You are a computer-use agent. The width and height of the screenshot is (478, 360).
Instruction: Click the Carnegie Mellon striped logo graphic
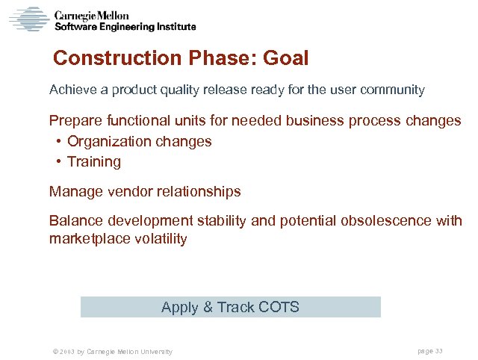point(28,19)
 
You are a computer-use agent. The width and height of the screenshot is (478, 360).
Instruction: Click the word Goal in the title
point(285,58)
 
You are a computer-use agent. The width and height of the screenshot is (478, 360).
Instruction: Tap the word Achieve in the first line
point(72,90)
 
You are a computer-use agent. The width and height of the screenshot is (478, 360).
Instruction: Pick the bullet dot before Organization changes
point(58,142)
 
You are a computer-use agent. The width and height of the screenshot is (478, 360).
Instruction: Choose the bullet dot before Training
point(58,162)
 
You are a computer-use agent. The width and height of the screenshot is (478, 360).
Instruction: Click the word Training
point(94,162)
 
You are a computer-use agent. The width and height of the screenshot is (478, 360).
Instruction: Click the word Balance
point(76,221)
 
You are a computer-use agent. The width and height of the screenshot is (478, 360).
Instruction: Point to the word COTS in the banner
point(278,307)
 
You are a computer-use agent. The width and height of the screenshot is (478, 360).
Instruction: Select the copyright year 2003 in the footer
point(65,352)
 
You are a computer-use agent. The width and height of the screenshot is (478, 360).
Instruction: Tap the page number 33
point(439,351)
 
